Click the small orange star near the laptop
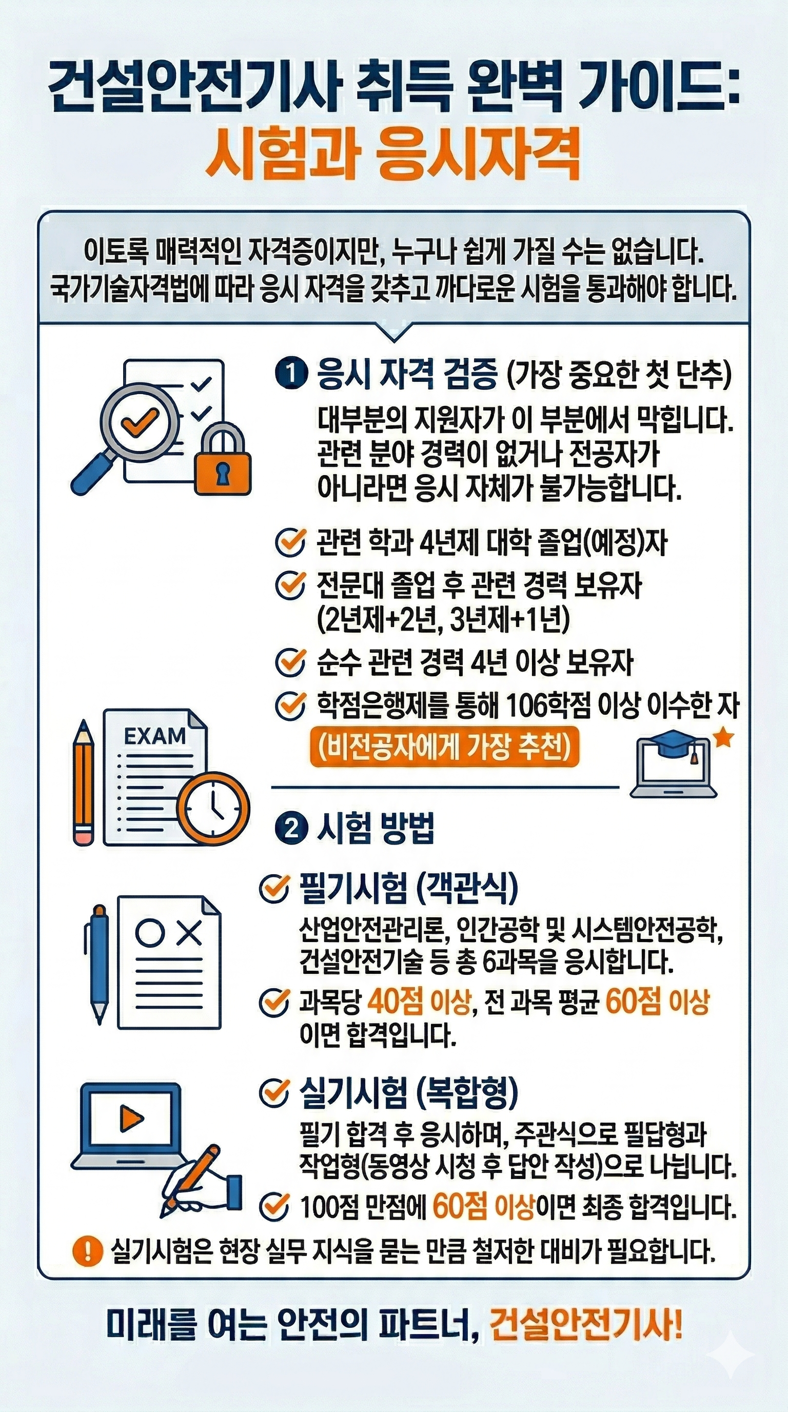(x=724, y=738)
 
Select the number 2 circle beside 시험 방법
(x=290, y=829)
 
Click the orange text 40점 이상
(x=419, y=1003)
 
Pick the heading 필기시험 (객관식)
(x=408, y=888)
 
